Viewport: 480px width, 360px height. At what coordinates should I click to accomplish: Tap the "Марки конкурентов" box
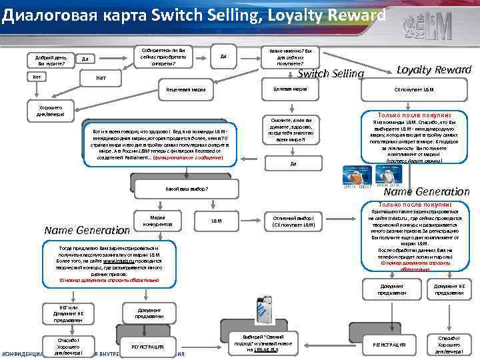[x=162, y=221]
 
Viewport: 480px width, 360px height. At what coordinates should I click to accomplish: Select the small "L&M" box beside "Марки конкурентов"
[x=216, y=220]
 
